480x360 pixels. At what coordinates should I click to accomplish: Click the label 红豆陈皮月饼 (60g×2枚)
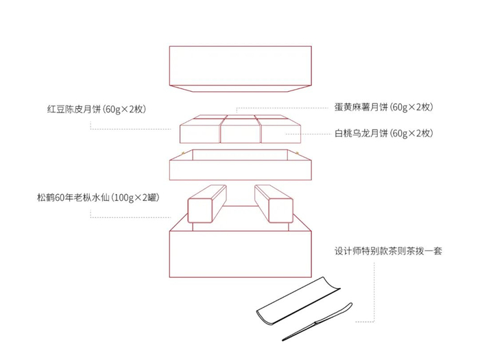97,109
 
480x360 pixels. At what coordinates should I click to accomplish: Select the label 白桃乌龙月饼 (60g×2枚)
383,134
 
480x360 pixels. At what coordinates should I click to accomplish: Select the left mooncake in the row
200,132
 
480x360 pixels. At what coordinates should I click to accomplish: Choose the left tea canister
204,204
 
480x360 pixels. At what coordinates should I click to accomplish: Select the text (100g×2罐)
135,198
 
